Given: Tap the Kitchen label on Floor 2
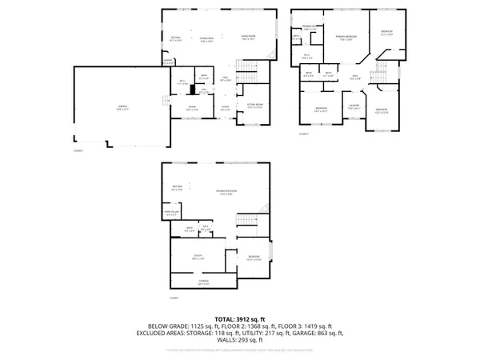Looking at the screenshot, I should tap(175, 38).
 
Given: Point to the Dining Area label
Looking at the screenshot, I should tap(206, 38).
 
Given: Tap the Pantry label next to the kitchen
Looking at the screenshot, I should tap(169, 61).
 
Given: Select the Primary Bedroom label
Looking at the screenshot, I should tap(346, 38).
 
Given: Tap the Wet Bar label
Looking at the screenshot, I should tap(177, 189).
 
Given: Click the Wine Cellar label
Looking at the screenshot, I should tap(171, 214).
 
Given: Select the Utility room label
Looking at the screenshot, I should tap(198, 258).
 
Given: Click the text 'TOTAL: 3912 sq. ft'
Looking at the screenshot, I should tap(239, 319).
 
